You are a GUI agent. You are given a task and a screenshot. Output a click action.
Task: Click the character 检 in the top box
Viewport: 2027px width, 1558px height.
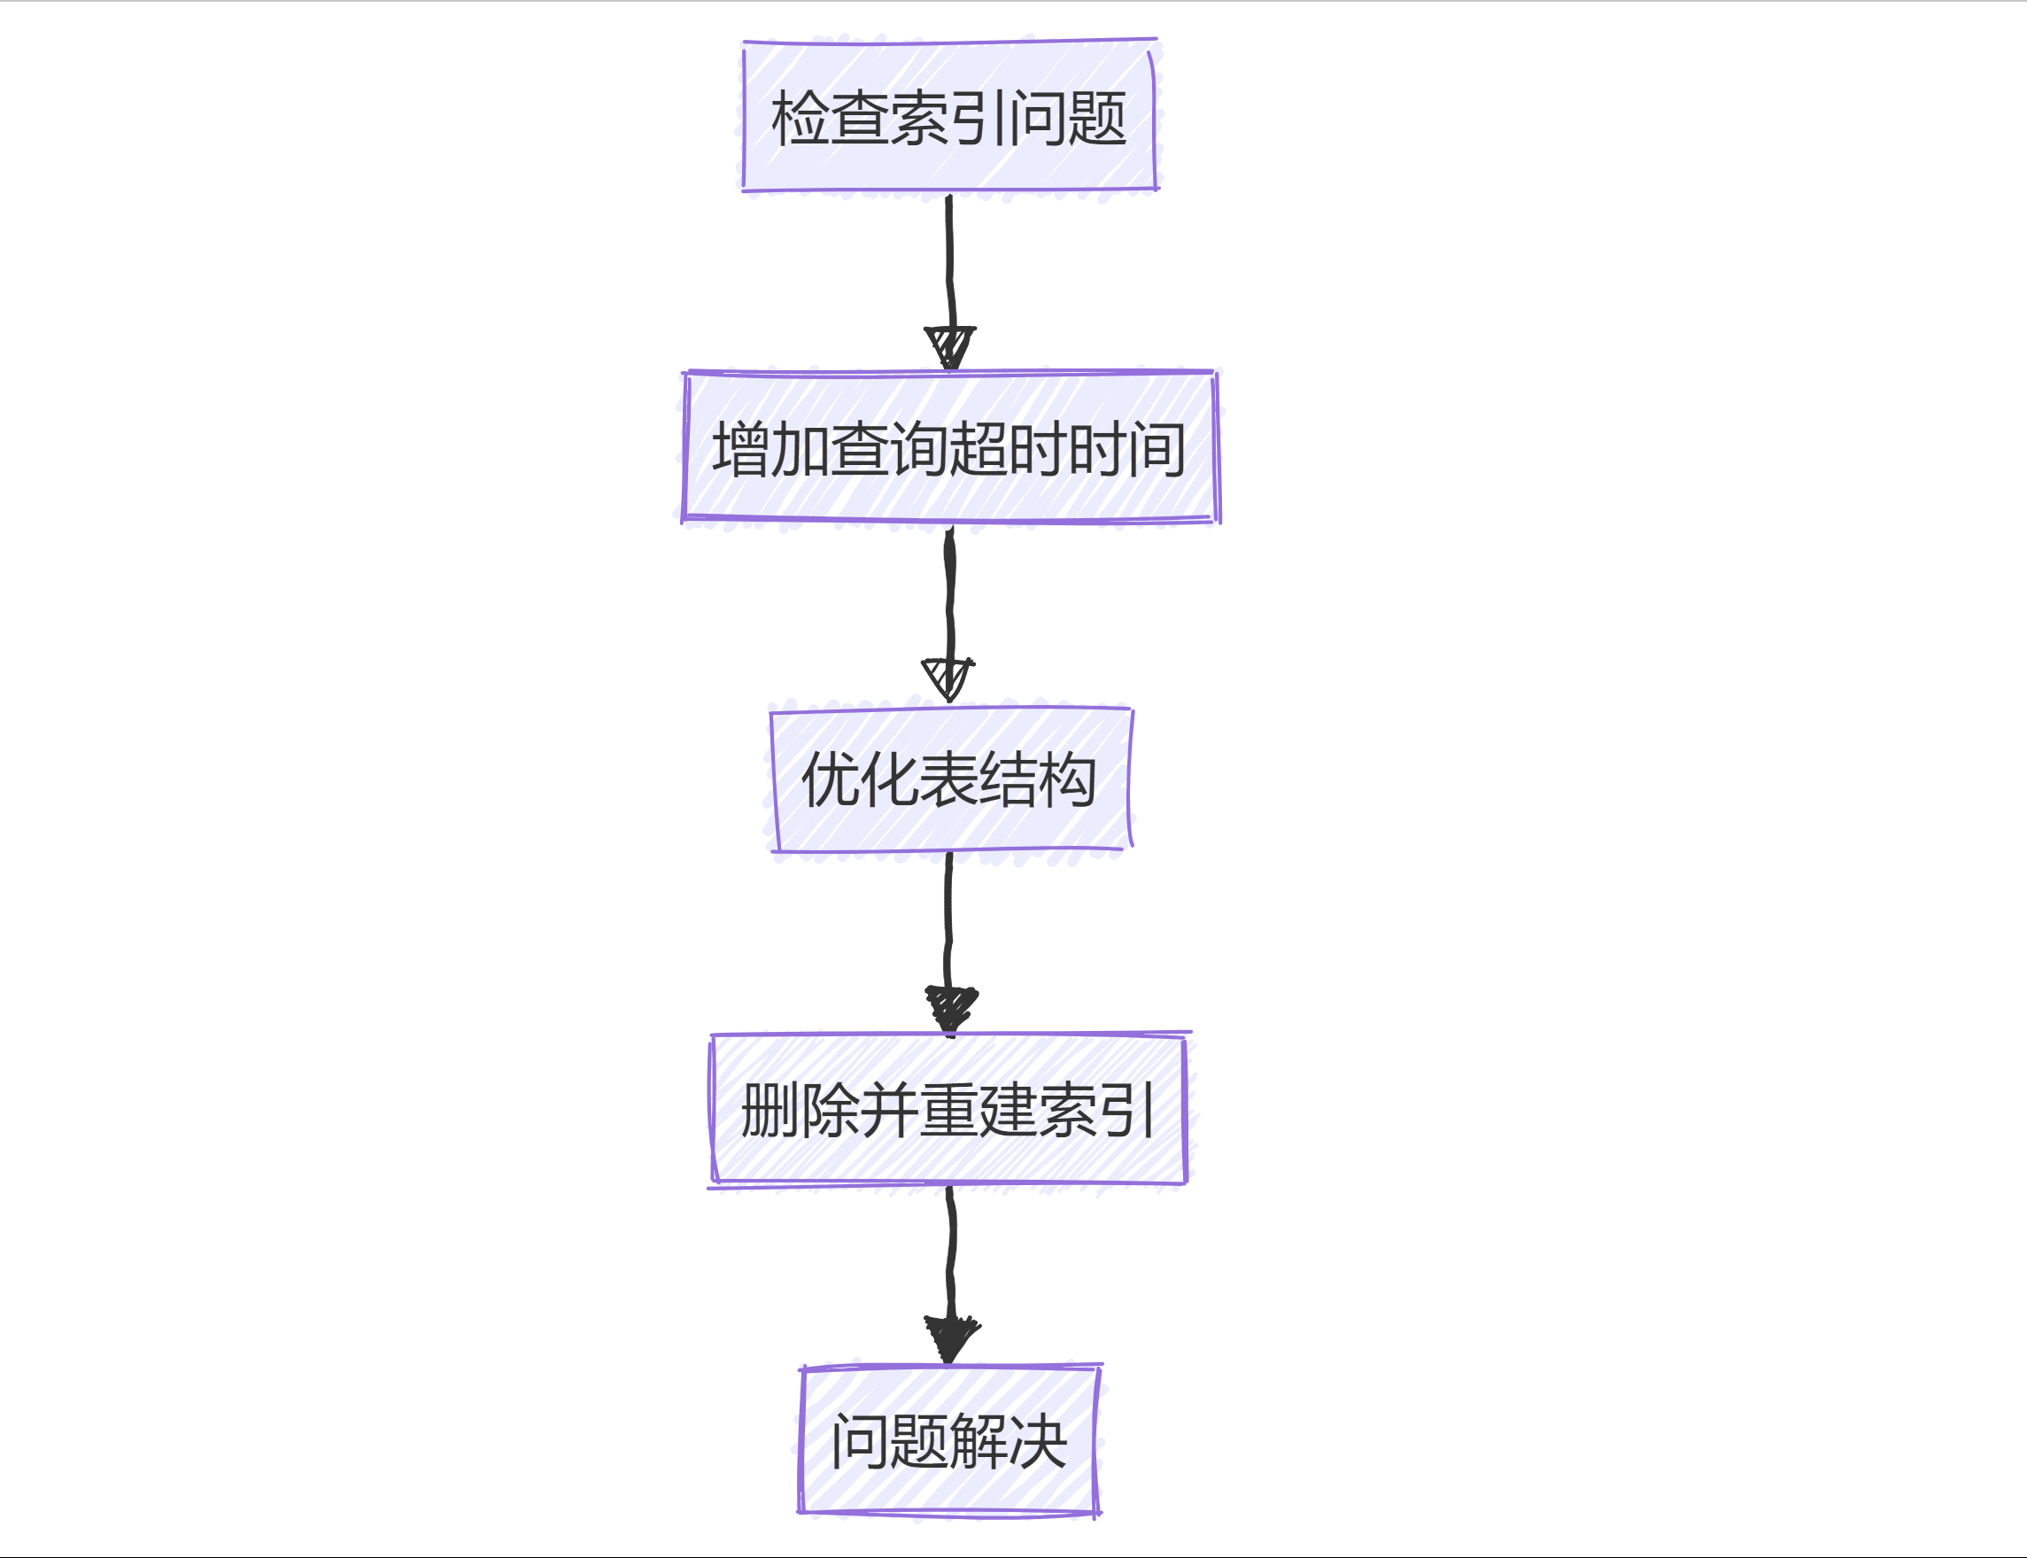[x=801, y=119]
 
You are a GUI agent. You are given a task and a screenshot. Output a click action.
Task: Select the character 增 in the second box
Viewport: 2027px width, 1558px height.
[x=741, y=450]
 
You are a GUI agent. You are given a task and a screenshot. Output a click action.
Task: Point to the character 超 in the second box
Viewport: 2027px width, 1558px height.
[x=979, y=450]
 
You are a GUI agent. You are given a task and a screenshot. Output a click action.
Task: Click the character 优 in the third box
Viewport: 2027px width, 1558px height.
[x=831, y=780]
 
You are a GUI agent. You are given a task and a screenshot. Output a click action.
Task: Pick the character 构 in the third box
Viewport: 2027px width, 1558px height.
[x=1068, y=780]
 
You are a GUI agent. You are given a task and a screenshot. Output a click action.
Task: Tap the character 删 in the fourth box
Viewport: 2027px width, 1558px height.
[x=770, y=1110]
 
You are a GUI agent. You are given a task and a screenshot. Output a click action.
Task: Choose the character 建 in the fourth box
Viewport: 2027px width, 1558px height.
[x=1008, y=1110]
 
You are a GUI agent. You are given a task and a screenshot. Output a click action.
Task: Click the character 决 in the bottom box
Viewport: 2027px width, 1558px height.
[x=1038, y=1442]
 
